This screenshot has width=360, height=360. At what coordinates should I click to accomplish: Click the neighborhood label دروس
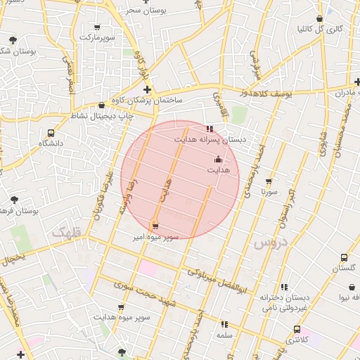(x=266, y=244)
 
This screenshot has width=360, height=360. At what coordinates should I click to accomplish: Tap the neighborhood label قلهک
(x=67, y=231)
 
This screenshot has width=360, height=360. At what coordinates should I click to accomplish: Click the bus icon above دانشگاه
(x=51, y=133)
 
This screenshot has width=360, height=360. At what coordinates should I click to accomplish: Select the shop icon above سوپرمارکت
(x=96, y=27)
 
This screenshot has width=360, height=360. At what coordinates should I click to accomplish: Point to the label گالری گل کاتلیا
(x=320, y=29)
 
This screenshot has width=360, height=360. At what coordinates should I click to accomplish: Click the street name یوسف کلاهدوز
(x=262, y=93)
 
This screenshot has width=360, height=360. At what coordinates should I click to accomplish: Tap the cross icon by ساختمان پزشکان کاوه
(x=147, y=90)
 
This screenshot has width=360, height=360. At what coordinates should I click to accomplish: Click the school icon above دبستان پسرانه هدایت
(x=210, y=129)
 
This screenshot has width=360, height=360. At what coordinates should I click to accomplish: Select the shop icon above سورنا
(x=268, y=181)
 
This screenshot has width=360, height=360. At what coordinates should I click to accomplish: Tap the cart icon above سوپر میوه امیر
(x=155, y=226)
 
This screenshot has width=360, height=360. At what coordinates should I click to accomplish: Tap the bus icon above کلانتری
(x=297, y=329)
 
